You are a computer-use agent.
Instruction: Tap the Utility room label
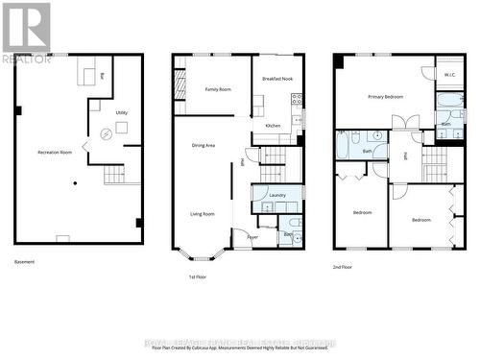(x=122, y=112)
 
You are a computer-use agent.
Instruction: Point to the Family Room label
(x=218, y=89)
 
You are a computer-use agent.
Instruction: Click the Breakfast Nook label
(x=276, y=77)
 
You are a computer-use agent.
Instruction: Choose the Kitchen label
(x=273, y=126)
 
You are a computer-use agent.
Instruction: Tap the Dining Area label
(x=204, y=145)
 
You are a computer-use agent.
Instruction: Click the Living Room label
(x=202, y=214)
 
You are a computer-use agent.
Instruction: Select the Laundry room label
(x=277, y=195)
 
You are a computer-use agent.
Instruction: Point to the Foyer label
(x=252, y=235)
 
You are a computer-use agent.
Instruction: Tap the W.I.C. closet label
(x=449, y=75)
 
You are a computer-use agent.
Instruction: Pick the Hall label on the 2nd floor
(x=405, y=156)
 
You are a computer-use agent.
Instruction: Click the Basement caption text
(x=25, y=262)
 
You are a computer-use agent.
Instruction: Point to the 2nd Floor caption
(x=343, y=267)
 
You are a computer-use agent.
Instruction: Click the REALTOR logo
(x=26, y=33)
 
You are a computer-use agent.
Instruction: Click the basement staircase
(x=114, y=175)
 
